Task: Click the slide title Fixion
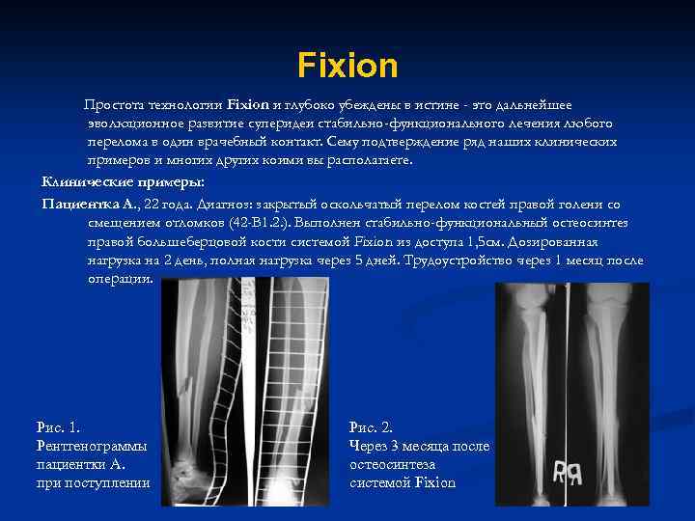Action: (347, 66)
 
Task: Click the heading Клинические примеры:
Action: (122, 181)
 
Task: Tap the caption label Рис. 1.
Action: (59, 426)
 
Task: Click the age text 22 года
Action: (167, 204)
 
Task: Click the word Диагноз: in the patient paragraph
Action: (227, 204)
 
